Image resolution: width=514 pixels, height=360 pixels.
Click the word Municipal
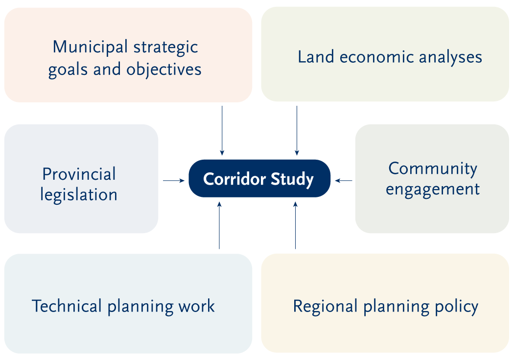(90, 48)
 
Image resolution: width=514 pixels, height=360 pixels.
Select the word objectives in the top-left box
(164, 70)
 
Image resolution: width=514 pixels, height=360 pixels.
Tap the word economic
(376, 57)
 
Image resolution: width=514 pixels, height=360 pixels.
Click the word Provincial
(79, 174)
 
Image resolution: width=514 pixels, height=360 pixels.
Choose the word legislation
(79, 195)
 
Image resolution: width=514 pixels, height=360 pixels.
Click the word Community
(433, 169)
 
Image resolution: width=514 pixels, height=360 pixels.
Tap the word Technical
(67, 306)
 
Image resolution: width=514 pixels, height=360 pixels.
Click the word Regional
(325, 307)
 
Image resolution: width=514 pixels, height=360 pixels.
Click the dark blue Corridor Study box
(259, 179)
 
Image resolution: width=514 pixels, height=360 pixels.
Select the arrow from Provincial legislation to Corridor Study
(174, 180)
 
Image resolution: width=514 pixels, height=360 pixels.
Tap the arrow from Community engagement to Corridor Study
(344, 180)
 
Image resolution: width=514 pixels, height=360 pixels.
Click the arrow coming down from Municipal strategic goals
(222, 130)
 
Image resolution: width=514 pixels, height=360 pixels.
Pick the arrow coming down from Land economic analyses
(297, 130)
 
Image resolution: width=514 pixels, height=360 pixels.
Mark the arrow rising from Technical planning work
(219, 226)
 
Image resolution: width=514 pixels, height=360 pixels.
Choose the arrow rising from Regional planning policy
(295, 226)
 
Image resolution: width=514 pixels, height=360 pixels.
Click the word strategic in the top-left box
(166, 48)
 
